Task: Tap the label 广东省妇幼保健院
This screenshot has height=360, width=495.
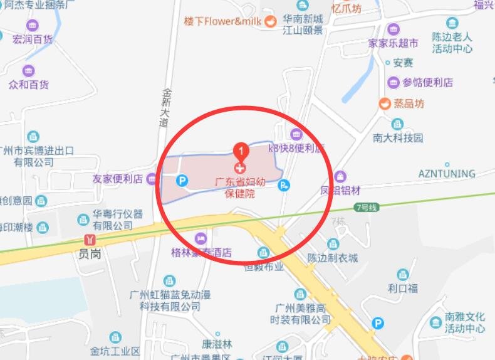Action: click(241, 187)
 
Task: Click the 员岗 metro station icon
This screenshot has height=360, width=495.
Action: click(92, 240)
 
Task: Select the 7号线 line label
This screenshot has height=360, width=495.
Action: click(367, 207)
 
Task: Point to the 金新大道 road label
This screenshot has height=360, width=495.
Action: click(165, 107)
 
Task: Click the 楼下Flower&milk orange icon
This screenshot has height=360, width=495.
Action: click(270, 21)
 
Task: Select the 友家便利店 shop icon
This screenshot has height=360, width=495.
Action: click(152, 179)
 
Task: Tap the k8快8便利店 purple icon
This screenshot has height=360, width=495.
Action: click(296, 134)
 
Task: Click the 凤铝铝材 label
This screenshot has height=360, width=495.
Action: click(341, 190)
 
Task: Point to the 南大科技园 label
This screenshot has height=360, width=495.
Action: click(398, 137)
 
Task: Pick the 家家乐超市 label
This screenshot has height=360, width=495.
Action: click(393, 43)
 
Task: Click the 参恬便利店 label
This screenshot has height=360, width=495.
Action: click(427, 82)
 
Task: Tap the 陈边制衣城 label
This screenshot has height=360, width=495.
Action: click(333, 258)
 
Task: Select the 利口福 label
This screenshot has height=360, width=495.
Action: click(402, 289)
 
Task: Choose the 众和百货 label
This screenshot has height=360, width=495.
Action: click(28, 84)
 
